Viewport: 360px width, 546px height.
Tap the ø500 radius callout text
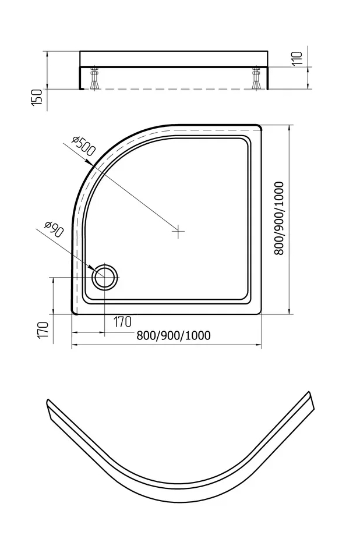point(83,146)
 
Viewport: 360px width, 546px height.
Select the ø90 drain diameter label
point(54,229)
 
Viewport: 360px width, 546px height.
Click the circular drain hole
point(104,276)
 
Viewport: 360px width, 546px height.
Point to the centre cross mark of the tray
point(178,231)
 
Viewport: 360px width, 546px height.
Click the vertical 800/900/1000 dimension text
point(280,218)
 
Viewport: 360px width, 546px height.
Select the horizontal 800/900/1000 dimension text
point(173,335)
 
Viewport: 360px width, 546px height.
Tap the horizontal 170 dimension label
point(123,322)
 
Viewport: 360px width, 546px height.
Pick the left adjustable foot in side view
point(94,79)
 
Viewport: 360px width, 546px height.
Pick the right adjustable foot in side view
point(257,79)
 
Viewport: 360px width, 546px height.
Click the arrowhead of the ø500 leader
point(90,163)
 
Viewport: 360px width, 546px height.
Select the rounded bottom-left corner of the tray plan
point(75,311)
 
